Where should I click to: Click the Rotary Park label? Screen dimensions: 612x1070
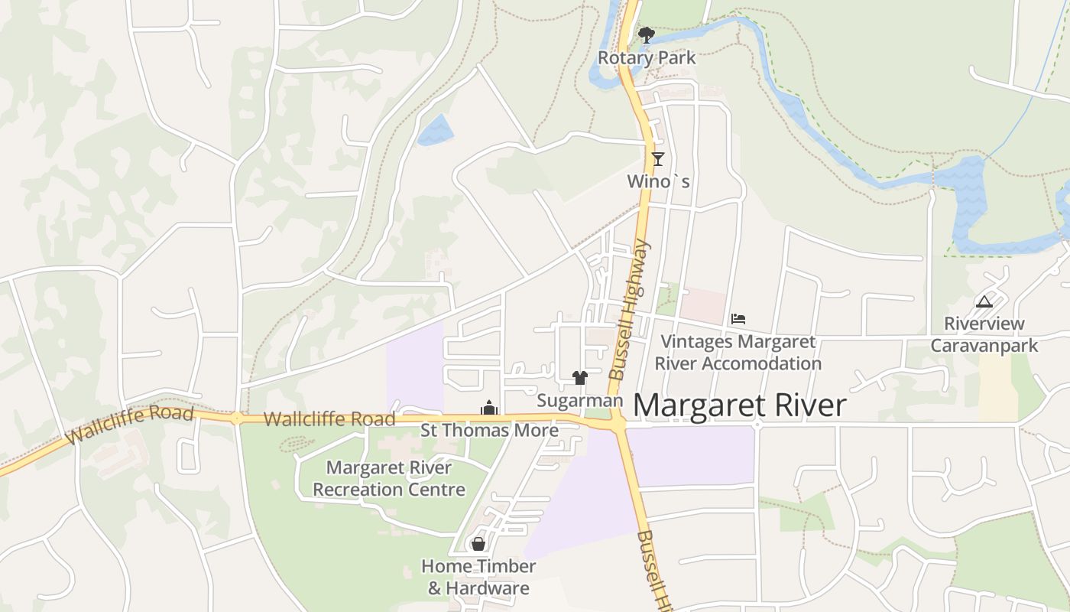647,57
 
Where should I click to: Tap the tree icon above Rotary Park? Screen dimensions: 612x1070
646,34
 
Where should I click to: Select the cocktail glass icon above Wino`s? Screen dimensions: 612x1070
657,159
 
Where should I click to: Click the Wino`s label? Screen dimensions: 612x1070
658,181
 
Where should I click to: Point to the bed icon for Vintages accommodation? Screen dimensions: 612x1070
738,319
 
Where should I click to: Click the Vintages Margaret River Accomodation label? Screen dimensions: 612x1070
738,353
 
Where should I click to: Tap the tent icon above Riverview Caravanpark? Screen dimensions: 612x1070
984,301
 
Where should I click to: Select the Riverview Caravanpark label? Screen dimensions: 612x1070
984,334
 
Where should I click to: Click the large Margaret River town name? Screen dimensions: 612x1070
740,405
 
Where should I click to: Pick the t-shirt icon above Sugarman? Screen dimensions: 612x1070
580,378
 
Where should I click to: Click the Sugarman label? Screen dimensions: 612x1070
580,400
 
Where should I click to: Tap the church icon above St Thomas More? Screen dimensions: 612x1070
489,408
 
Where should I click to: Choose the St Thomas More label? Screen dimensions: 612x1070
490,430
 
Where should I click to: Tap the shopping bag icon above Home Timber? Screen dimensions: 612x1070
478,544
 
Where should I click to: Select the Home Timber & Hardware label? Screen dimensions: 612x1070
478,577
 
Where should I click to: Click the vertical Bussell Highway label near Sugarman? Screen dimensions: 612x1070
629,309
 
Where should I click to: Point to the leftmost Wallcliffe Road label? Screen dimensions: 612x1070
130,425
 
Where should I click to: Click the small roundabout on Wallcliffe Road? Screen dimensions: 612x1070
237,418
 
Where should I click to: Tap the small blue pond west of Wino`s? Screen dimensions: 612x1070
435,130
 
